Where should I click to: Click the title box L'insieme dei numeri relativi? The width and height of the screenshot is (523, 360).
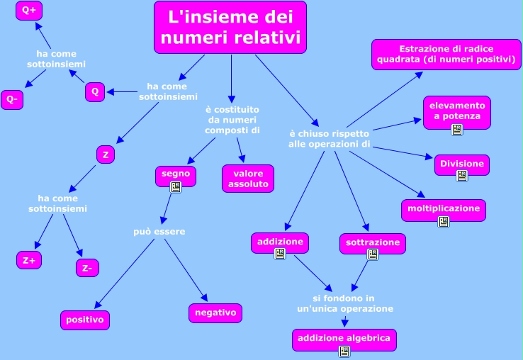coord(230,27)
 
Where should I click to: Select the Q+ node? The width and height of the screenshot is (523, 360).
coord(30,11)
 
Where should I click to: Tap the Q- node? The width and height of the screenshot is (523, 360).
coord(12,100)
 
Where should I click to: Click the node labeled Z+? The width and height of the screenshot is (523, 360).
coord(29,260)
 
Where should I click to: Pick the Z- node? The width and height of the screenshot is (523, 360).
coord(87,267)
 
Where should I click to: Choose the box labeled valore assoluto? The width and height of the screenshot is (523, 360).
coord(248,178)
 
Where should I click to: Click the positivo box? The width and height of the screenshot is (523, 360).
coord(85,320)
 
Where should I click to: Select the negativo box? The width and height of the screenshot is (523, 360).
coord(215,313)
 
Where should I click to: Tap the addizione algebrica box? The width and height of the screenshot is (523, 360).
coord(344,339)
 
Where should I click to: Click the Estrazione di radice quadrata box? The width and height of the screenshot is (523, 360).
coord(446,55)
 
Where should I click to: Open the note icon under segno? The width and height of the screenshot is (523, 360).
coord(176,187)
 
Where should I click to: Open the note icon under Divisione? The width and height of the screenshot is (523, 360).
coord(462,176)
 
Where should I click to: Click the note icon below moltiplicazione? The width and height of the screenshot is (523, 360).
coord(444,222)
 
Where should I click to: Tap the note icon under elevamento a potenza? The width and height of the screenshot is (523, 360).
coord(457,129)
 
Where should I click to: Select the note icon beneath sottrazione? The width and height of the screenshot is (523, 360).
coord(373,255)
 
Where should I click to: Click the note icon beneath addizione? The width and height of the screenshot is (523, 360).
coord(280,253)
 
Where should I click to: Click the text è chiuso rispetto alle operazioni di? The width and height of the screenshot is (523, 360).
coord(330,139)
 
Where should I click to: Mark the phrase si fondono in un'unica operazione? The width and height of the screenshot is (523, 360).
coord(344,303)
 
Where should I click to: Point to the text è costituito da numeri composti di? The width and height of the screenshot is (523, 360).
coord(232,120)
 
